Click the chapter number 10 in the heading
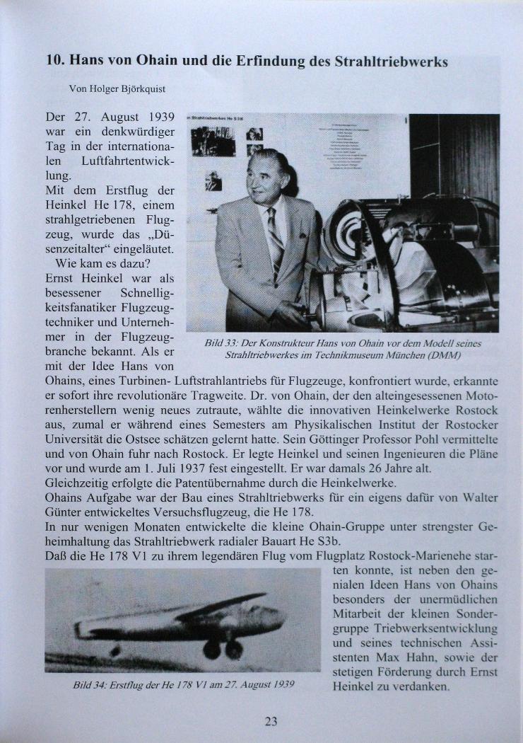pyautogui.click(x=54, y=61)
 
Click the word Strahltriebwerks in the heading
pyautogui.click(x=394, y=62)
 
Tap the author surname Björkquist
pyautogui.click(x=141, y=88)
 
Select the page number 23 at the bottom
pyautogui.click(x=271, y=721)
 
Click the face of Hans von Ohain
pyautogui.click(x=269, y=178)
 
